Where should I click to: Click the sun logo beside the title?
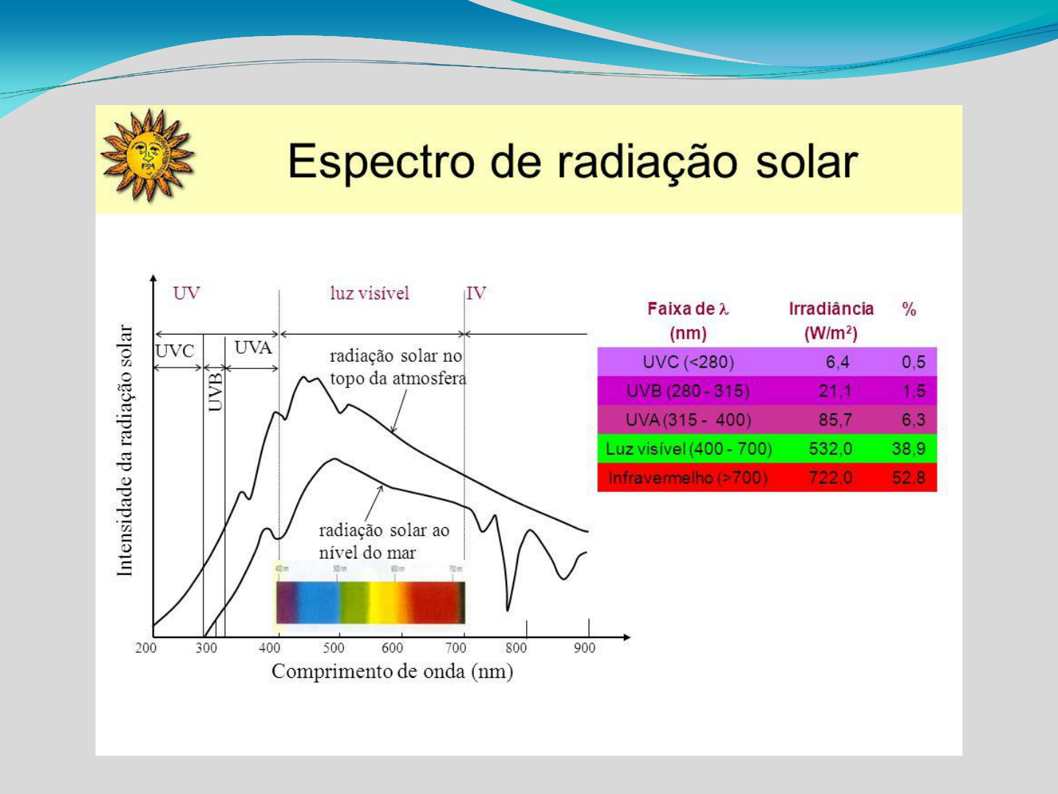click(148, 155)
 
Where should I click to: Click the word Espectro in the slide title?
click(381, 162)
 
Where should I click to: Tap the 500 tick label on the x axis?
click(334, 648)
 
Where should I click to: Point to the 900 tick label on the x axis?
click(584, 648)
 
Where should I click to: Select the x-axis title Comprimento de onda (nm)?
click(392, 671)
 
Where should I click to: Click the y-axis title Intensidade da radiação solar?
click(126, 450)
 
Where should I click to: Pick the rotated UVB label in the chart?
click(215, 391)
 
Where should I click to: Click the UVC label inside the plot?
click(175, 351)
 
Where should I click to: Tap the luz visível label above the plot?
click(369, 293)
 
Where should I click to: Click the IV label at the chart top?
click(476, 293)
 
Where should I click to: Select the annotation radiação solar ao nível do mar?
click(383, 541)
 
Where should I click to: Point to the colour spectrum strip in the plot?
click(370, 601)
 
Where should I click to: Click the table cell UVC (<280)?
click(688, 362)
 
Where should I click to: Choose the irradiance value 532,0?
click(830, 448)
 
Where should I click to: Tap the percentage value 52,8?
click(909, 478)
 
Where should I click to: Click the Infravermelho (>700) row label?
click(688, 478)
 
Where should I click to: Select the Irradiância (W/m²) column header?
click(831, 321)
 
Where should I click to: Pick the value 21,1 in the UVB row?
click(835, 391)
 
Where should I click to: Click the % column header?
click(909, 310)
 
